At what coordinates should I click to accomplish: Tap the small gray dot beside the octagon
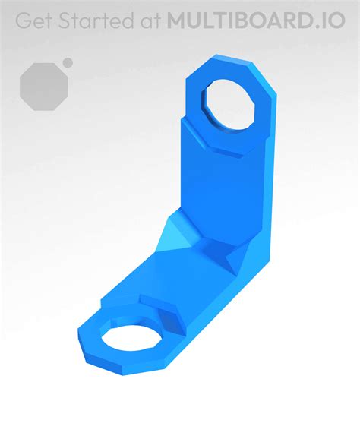(68, 62)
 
